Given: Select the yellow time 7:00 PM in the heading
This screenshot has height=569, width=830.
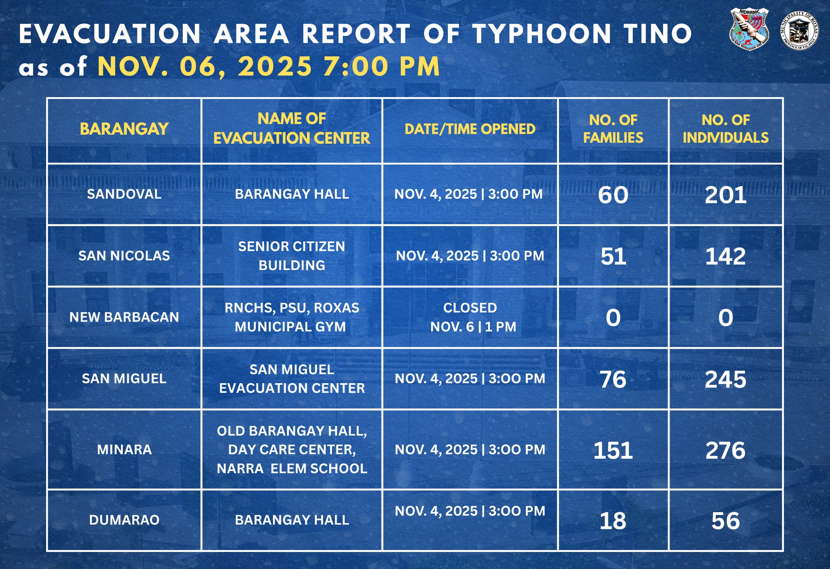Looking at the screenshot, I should pos(381,66).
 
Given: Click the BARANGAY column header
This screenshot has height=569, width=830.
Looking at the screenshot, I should pos(124,129).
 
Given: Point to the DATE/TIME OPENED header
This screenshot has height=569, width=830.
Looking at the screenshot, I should pos(470,129).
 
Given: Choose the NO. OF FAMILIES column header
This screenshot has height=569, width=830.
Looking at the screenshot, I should pos(613,129).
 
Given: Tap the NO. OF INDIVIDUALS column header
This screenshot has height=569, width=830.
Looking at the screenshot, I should pos(725,129).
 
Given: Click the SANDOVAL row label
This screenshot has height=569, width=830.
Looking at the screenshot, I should pos(124,194).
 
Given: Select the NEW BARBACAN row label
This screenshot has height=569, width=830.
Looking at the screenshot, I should pos(124,317).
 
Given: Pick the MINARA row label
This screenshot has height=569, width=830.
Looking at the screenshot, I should pos(124,450).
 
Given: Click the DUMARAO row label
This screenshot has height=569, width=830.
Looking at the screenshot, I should pos(124,520).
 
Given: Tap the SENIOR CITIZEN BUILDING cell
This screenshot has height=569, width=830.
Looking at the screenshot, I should pos(292,256).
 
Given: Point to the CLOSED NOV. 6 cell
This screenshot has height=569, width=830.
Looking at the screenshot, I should pos(470,317).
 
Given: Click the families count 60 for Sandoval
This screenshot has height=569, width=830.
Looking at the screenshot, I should pos(613,195).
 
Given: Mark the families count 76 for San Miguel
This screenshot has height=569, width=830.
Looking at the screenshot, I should pos(613,379).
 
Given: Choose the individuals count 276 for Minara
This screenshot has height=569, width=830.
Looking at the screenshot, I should pos(725,450).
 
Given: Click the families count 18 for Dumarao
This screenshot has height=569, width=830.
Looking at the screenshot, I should pos(613,521).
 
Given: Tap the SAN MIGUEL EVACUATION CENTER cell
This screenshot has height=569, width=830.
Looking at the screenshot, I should pos(292,379).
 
